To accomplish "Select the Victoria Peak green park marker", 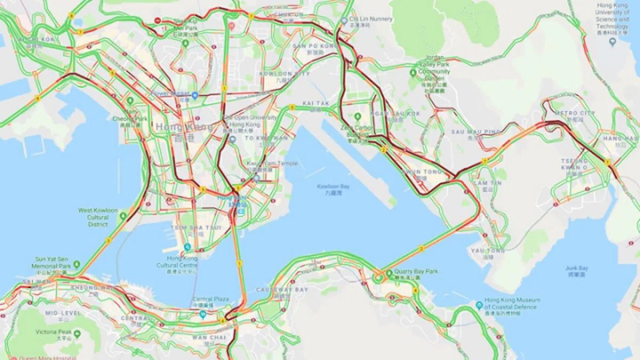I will pyautogui.click(x=77, y=334).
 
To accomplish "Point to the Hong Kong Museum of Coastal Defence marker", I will pyautogui.click(x=479, y=305).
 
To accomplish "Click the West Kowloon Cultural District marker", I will pyautogui.click(x=123, y=217).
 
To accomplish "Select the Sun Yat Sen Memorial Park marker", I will pyautogui.click(x=76, y=264).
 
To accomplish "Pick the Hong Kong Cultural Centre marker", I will pyautogui.click(x=187, y=247).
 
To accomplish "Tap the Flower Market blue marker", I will pyautogui.click(x=195, y=95).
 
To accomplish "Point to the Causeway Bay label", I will pyautogui.click(x=289, y=290).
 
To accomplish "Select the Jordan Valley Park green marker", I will pyautogui.click(x=413, y=73).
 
